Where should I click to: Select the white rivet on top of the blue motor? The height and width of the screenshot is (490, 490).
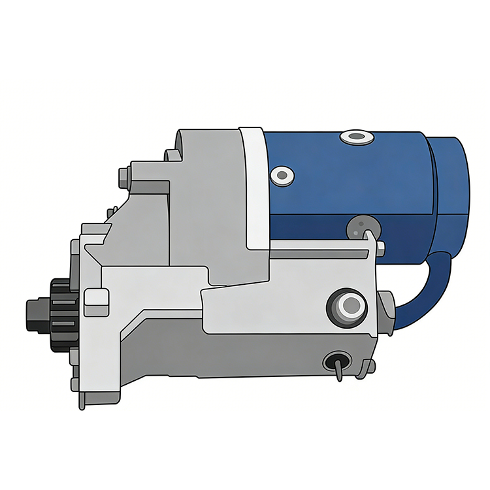(x=356, y=137)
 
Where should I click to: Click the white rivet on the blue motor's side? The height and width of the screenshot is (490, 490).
(x=282, y=174)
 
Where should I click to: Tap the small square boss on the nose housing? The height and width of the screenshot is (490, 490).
(x=96, y=298)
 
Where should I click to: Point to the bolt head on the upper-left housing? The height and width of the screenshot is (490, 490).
(x=123, y=176)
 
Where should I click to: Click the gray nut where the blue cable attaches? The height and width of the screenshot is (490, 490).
(x=386, y=312)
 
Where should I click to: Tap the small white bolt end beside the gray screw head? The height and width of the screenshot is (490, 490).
(x=381, y=247)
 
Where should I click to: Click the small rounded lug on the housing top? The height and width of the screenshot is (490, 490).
(x=171, y=155)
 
